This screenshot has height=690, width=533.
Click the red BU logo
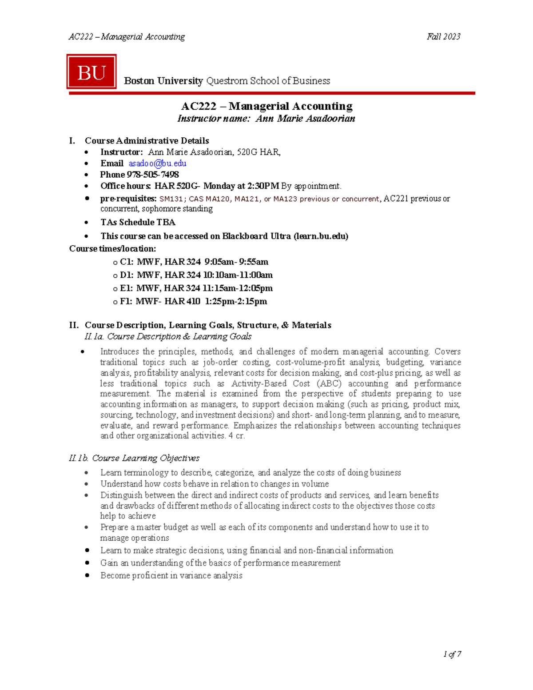(x=91, y=72)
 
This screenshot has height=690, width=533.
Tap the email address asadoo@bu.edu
(x=157, y=164)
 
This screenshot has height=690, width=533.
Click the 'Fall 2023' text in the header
(x=443, y=37)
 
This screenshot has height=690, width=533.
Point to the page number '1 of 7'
(x=452, y=654)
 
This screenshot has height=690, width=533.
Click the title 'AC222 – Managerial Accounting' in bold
(x=266, y=106)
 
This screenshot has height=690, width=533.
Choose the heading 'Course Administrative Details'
(x=147, y=141)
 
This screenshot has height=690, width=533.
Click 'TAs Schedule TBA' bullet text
(x=138, y=222)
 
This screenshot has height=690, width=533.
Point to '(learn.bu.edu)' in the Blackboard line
(x=321, y=236)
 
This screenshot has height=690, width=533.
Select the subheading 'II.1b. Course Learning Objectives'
(x=134, y=458)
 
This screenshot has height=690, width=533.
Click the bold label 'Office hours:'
(x=126, y=186)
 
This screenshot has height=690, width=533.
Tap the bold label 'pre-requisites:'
(x=128, y=199)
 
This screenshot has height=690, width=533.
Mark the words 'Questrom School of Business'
(x=268, y=81)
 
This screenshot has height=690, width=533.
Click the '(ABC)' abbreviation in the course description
(x=329, y=383)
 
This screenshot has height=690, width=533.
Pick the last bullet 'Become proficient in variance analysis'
(x=171, y=575)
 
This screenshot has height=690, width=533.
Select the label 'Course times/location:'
(x=112, y=249)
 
